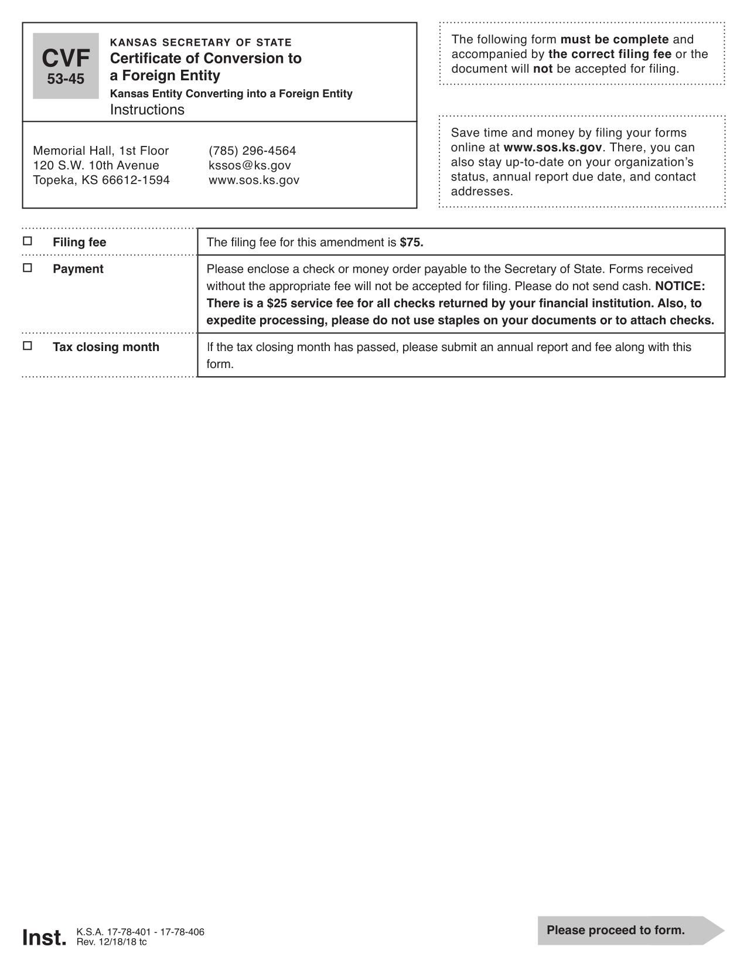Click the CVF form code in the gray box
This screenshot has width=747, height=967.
66,59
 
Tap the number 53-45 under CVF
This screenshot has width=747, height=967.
66,79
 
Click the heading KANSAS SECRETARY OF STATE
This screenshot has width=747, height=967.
200,43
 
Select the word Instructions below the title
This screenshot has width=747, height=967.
147,110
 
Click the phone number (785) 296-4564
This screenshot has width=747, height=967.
252,151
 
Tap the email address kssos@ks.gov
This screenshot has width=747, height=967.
250,165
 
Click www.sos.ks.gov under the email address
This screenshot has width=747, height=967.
254,180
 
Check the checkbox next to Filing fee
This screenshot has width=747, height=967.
28,241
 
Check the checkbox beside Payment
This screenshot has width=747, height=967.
28,268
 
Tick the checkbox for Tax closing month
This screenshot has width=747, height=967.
28,346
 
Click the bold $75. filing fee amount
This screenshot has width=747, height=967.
411,243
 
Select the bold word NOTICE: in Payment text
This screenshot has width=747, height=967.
680,286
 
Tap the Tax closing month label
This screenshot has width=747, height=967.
106,347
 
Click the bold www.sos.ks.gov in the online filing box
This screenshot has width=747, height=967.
552,148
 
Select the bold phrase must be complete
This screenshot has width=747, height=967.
614,39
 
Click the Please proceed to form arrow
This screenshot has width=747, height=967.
630,930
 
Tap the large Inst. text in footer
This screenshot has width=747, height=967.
45,938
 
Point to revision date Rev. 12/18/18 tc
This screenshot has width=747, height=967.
111,942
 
